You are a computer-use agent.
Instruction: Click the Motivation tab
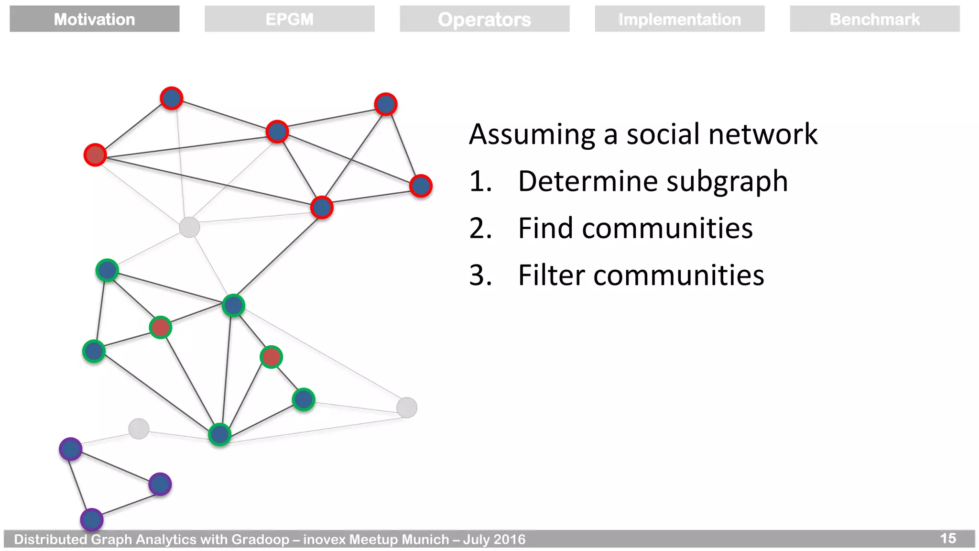tap(94, 19)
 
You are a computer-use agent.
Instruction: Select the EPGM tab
tap(289, 19)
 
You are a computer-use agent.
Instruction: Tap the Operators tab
tap(484, 19)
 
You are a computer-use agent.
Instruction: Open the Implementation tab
tap(679, 19)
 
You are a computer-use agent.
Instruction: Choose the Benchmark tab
tap(874, 19)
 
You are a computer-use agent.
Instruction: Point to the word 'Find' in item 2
tap(545, 228)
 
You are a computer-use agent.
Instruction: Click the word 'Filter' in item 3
tap(551, 275)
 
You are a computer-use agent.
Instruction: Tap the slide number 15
tap(947, 539)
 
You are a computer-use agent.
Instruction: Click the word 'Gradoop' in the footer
tap(260, 540)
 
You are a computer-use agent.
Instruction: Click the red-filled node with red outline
tap(95, 155)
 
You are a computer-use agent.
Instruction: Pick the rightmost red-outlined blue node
tap(421, 186)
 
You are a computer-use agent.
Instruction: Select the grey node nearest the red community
tap(189, 227)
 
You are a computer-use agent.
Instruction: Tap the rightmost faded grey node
tap(407, 408)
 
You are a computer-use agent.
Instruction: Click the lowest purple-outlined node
tap(92, 520)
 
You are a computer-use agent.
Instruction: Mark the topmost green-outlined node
tap(107, 271)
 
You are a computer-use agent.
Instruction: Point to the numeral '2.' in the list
tap(480, 228)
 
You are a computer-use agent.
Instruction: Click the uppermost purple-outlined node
tap(71, 449)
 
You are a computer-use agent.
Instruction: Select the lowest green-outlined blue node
tap(220, 434)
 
